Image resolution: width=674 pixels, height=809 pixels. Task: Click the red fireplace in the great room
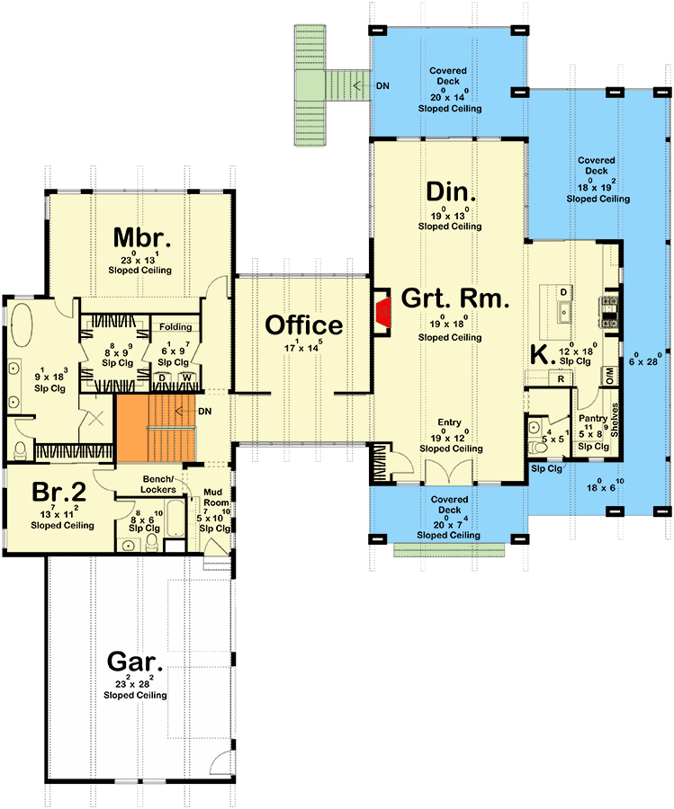[x=382, y=312]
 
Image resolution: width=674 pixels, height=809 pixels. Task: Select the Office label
[x=303, y=325]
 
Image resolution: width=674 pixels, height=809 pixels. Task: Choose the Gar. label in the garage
[x=135, y=662]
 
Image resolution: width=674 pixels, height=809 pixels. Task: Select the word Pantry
[x=591, y=418]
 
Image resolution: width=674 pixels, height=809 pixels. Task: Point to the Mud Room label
[x=212, y=497]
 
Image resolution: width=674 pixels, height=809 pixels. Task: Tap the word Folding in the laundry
[x=175, y=327]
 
